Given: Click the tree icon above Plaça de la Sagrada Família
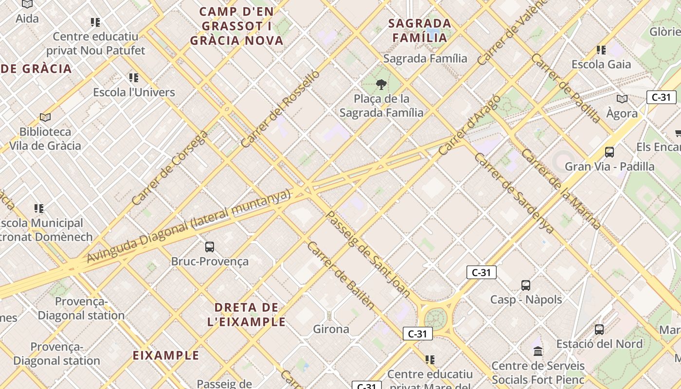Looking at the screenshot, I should (x=381, y=85).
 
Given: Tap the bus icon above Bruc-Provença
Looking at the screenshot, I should (x=210, y=247).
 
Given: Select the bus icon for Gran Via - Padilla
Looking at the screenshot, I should (x=609, y=152).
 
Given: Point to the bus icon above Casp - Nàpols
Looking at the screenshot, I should (x=526, y=285).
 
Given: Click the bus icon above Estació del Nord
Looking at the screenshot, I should (x=599, y=330).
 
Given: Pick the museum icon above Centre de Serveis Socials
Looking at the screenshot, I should (x=538, y=351).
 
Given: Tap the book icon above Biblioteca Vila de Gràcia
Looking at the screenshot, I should (x=45, y=117).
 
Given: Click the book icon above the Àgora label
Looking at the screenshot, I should (x=622, y=99).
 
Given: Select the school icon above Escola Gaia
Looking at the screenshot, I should (x=601, y=50).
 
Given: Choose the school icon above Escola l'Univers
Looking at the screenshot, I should (x=134, y=78).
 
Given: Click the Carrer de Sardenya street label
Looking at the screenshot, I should (x=514, y=193).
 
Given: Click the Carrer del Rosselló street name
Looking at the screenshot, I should (x=281, y=109).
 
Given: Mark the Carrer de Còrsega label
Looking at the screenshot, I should (x=170, y=167).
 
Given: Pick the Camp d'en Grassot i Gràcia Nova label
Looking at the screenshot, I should (x=237, y=26).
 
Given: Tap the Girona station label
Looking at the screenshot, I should (x=331, y=329).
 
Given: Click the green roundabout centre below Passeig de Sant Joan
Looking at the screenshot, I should (x=436, y=318).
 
